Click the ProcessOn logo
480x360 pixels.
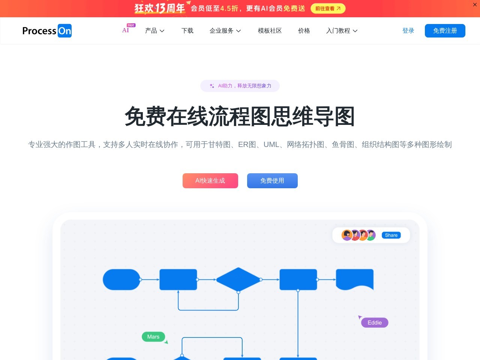coord(47,31)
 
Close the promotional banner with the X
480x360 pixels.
coord(475,4)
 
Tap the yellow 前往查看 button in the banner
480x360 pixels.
coord(328,9)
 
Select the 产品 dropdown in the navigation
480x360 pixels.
coord(154,31)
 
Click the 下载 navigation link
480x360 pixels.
coord(187,31)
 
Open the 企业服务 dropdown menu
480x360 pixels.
coord(225,31)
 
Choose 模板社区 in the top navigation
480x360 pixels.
coord(270,31)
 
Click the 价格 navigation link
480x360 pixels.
coord(304,31)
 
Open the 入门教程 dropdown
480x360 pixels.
coord(342,31)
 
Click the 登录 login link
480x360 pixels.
coord(408,31)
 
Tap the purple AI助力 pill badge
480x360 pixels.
coord(240,85)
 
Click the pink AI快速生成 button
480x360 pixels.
coord(210,181)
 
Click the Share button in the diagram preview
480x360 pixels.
coord(391,235)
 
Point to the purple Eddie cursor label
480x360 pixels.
coord(375,322)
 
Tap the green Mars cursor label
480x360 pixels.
coord(153,337)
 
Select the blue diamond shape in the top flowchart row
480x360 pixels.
coord(238,280)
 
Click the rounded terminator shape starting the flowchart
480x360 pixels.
coord(121,280)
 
